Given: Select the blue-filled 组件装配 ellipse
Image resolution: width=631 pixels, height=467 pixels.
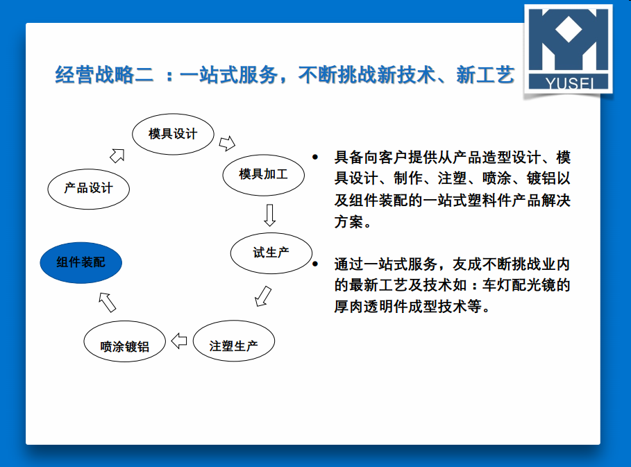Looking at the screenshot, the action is coord(81,263).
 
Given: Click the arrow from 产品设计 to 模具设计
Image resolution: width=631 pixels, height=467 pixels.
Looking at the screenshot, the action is coord(117,155).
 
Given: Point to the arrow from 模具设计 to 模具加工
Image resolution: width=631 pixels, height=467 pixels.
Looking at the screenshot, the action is coord(228,143).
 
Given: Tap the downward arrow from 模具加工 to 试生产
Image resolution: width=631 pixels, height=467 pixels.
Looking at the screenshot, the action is coord(269,215).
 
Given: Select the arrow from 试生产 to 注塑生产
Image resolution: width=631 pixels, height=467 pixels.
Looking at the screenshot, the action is coord(263,296).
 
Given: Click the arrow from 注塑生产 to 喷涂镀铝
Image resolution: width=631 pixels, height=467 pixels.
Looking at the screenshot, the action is coord(179,341).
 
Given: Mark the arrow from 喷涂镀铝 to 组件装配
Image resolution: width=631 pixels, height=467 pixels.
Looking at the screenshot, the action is coord(108,303).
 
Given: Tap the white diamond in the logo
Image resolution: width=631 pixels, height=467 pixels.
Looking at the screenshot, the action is coord(569,29).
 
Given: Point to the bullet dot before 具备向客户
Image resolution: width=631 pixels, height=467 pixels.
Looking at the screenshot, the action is coord(315,157).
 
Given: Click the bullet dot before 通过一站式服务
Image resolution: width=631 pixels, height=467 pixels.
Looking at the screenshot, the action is coord(315,264).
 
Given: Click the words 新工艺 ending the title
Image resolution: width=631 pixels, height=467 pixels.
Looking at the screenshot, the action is coord(485,75).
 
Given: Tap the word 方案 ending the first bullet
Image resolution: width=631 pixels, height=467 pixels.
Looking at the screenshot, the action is coord(348,221).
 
